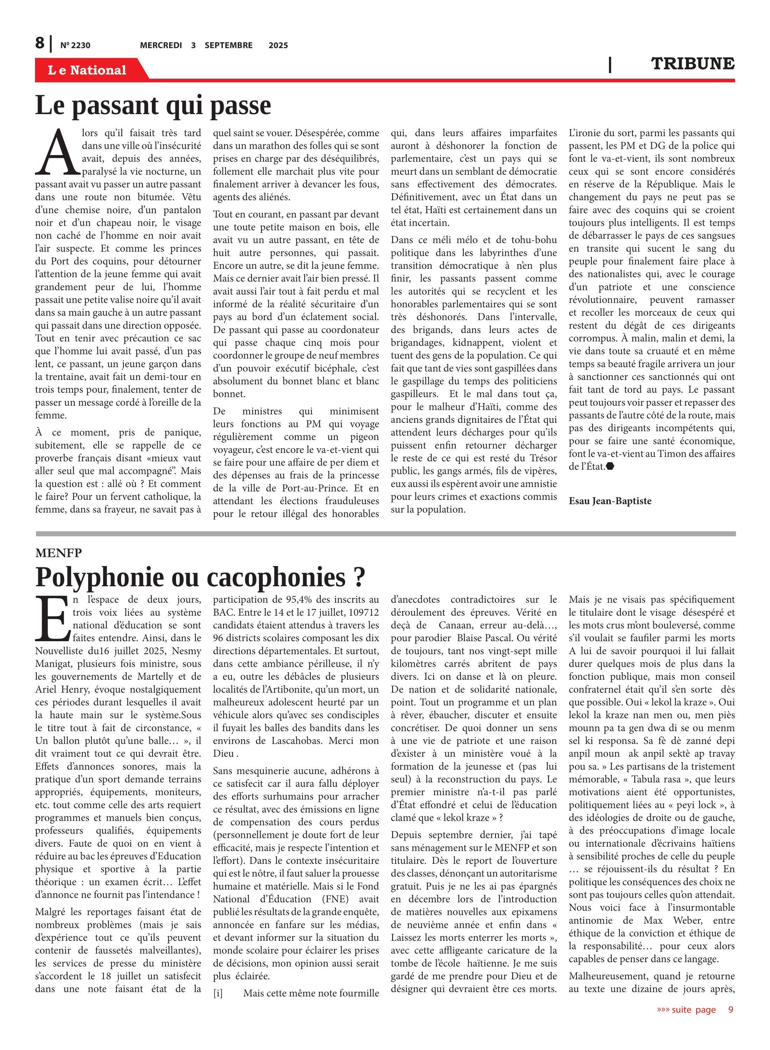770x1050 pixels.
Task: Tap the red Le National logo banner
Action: pos(87,70)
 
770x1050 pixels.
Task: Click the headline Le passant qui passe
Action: pos(153,105)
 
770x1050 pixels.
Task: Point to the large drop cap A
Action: pos(58,152)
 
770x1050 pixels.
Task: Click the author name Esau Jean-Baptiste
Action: pos(610,501)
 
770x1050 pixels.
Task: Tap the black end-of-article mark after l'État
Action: pos(610,466)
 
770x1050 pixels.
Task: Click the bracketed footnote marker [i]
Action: pos(218,993)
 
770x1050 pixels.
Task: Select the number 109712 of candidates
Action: pos(363,612)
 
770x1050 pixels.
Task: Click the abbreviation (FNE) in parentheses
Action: pos(339,899)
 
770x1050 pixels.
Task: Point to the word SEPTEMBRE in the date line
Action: pos(229,45)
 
